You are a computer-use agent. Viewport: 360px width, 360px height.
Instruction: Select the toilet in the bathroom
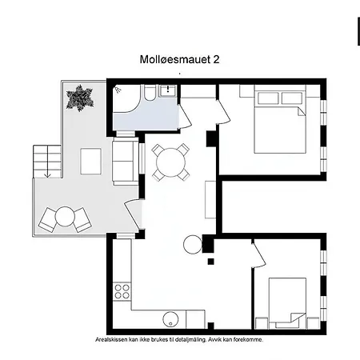[149, 100]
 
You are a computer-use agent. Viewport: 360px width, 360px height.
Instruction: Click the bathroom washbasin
[166, 91]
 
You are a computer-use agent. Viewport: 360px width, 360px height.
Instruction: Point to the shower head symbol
[118, 89]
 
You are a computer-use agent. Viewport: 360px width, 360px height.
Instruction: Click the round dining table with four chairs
[170, 161]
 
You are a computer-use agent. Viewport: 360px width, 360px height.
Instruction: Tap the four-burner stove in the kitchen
[122, 291]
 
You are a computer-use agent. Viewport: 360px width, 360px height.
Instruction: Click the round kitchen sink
[169, 320]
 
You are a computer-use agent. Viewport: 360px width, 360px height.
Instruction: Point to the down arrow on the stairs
[47, 170]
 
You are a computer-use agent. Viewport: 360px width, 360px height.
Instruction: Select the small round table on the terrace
[65, 216]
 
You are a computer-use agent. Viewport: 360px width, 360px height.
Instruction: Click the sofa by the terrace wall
[125, 160]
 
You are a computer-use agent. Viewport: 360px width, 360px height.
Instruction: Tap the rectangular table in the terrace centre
[90, 162]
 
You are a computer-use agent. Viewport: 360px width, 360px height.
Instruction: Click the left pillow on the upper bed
[266, 98]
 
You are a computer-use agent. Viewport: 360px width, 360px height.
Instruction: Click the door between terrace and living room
[134, 216]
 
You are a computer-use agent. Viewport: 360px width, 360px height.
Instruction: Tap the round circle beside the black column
[194, 245]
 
